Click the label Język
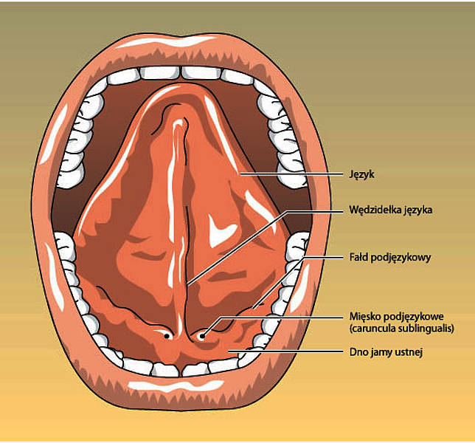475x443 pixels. point(361,175)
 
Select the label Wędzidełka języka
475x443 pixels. point(391,210)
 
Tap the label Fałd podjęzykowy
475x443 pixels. point(390,258)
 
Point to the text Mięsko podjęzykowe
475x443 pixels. point(397,317)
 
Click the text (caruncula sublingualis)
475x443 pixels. point(402,329)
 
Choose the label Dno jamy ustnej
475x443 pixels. point(386,352)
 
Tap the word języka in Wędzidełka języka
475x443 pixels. point(418,210)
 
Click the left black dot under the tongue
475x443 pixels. point(166,336)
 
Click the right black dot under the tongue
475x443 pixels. point(202,336)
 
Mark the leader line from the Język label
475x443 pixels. point(291,174)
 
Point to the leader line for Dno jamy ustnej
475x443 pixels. point(285,351)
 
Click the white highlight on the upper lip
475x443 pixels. point(164,41)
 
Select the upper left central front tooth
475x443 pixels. point(160,73)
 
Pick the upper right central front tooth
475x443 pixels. point(201,73)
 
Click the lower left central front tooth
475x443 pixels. point(166,370)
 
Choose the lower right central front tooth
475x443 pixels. point(195,370)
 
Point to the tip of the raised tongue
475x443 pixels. point(178,86)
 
